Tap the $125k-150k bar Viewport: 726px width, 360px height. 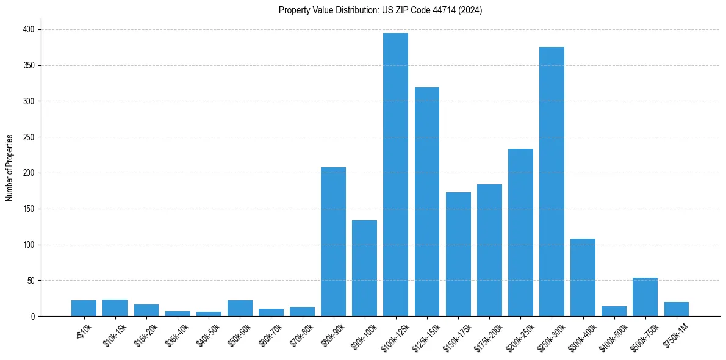coord(426,201)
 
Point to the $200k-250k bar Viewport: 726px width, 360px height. coord(520,232)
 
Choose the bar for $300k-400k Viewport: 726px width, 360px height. coord(583,277)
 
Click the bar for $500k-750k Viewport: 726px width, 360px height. coord(645,297)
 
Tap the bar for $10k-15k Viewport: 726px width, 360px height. coord(115,308)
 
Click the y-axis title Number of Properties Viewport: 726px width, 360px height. coord(9,168)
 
